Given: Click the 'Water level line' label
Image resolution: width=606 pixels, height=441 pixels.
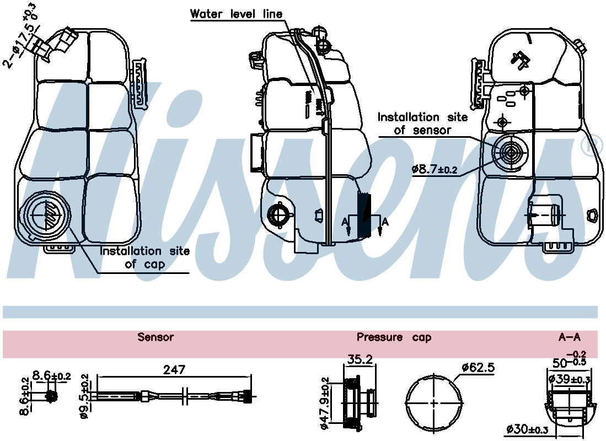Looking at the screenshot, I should tap(236, 14).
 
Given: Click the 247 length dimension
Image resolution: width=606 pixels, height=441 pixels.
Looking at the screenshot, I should tap(174, 369).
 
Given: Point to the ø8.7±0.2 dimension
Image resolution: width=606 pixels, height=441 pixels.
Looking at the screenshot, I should tap(435, 169).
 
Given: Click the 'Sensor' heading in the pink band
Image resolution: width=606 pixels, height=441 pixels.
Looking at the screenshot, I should tap(155, 337).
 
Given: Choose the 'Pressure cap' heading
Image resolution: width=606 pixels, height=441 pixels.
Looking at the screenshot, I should tap(394, 337).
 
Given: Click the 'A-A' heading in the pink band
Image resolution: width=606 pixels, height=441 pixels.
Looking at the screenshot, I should tap(570, 337).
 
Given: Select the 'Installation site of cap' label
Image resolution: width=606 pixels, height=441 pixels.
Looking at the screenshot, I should tap(144, 257).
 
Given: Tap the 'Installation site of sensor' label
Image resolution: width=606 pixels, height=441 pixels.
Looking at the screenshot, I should tap(422, 123).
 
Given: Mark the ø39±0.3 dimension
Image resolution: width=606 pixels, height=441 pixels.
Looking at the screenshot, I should tap(570, 379).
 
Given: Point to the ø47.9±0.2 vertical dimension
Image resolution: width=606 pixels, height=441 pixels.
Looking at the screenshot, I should tap(325, 402).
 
